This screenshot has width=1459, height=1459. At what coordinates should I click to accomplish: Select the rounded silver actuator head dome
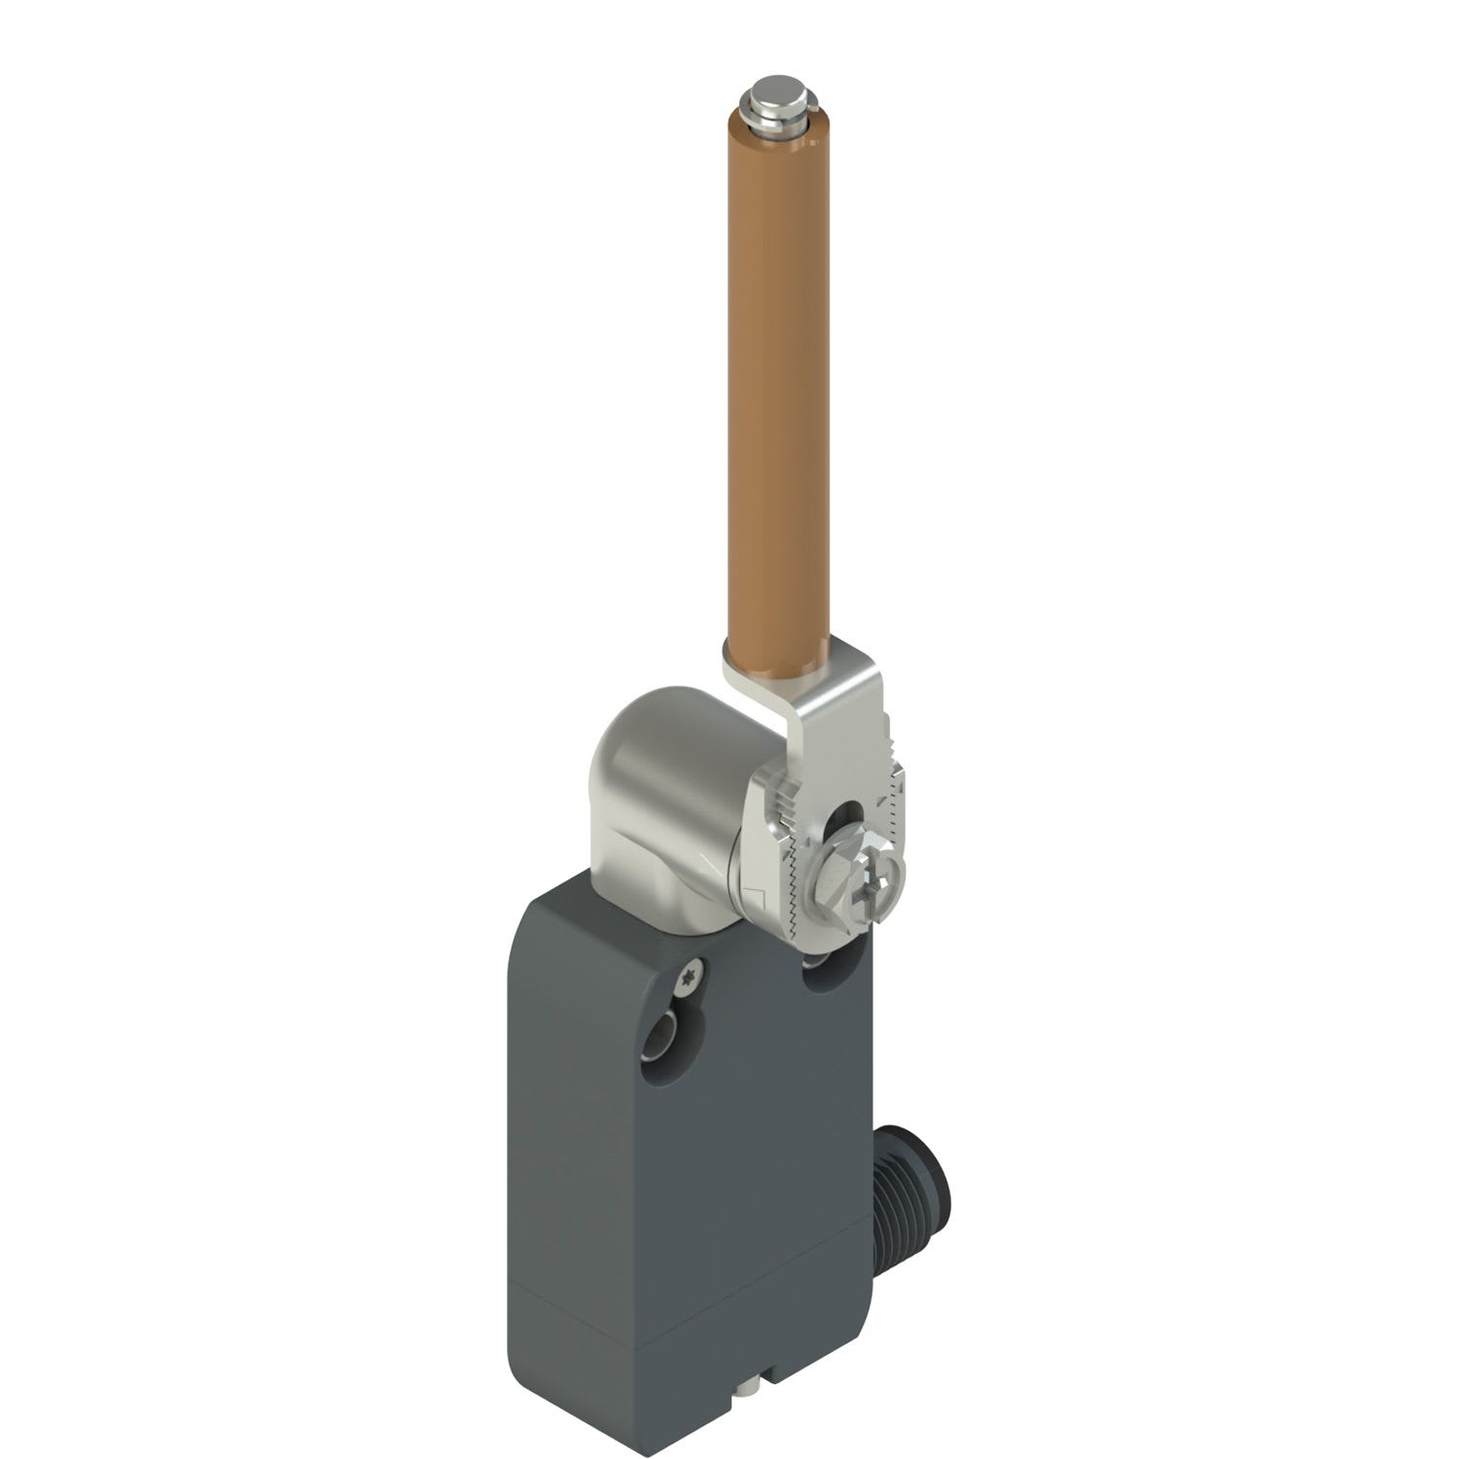coord(661,749)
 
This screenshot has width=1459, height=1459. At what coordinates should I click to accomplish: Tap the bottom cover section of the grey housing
coord(681,1362)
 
